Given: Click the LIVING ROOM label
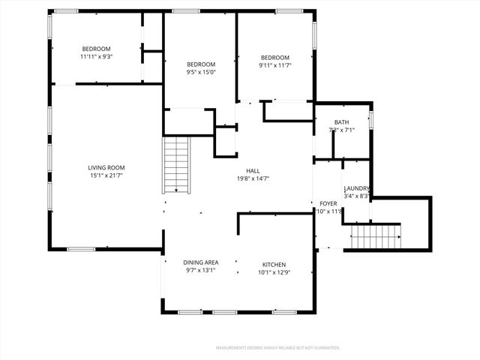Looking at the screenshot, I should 106,168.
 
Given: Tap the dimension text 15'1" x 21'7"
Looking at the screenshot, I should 106,176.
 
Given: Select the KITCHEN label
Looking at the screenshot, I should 274,264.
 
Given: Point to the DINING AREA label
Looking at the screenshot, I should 201,262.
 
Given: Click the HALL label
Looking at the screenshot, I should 253,170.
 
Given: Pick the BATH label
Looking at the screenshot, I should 341,122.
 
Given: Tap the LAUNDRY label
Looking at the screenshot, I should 356,188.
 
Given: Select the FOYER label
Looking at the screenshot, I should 328,203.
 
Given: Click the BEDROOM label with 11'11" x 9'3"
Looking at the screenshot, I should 96,49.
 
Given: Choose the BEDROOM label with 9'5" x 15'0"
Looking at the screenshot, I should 201,64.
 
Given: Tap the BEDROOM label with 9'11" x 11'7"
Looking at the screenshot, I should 275,58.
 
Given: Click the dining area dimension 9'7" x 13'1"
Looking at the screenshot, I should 201,270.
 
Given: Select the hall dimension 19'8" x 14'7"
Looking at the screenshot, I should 253,178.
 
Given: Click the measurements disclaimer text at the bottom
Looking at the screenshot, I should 278,348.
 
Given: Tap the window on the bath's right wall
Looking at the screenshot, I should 370,120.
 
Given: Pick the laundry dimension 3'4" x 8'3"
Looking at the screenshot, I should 356,196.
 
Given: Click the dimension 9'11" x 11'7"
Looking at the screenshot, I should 275,66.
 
